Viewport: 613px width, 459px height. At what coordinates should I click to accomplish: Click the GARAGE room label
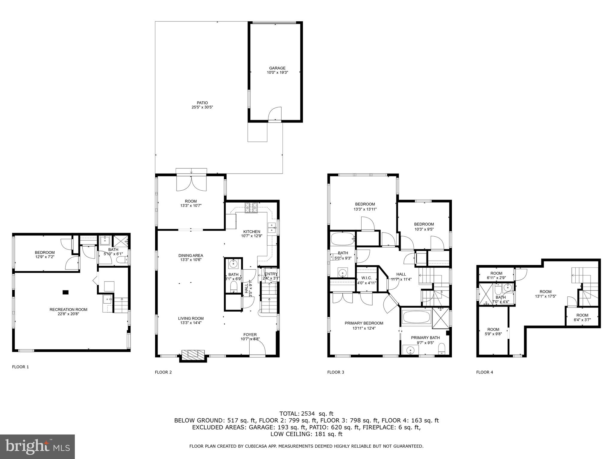coord(277,68)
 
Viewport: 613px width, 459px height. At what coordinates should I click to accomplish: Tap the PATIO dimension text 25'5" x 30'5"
coord(202,107)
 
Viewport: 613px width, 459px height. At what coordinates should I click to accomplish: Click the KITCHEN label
coord(251,232)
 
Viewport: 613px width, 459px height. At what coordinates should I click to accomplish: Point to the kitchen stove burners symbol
coord(251,208)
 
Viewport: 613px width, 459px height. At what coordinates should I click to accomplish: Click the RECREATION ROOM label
coord(69,310)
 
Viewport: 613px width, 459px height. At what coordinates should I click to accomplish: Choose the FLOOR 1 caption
coord(20,367)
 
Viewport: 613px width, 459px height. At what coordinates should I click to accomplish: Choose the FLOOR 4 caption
coord(485,372)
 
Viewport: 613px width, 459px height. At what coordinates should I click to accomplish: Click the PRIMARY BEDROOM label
coord(364,323)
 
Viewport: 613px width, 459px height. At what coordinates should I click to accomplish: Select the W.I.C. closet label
coord(366,278)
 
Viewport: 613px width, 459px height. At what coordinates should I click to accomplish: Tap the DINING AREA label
coord(191,255)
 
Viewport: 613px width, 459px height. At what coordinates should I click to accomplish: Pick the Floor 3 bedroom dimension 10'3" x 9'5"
coord(424,229)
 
